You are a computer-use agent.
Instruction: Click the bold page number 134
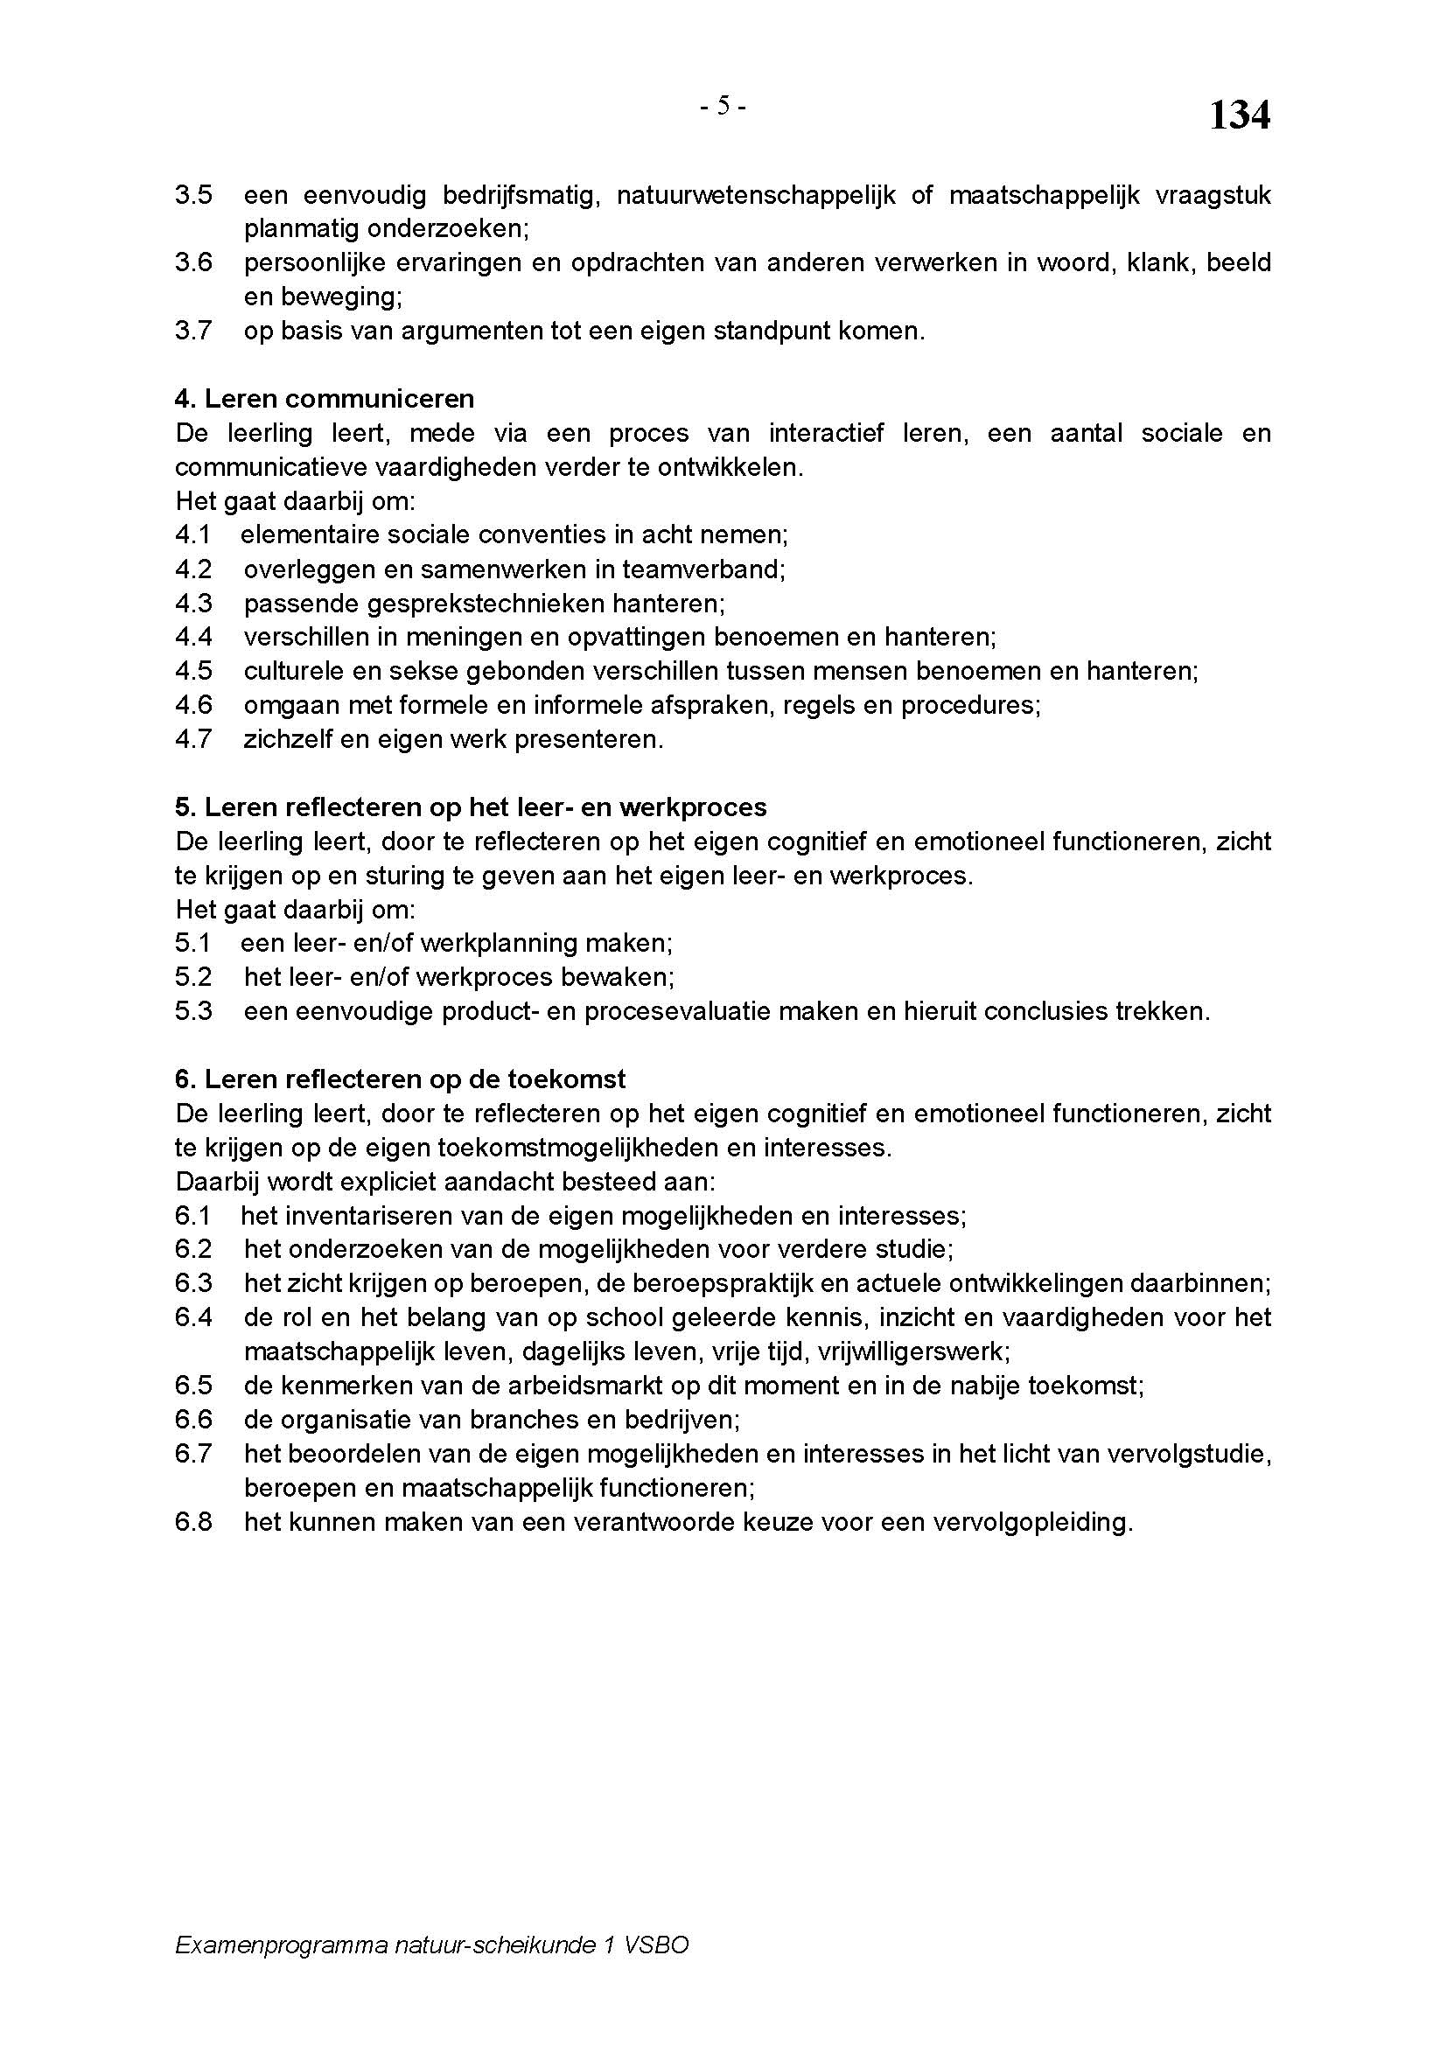click(1239, 115)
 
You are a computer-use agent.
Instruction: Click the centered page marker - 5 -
click(723, 106)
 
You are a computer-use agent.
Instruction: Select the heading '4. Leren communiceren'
click(325, 398)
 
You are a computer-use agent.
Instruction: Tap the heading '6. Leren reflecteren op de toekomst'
click(400, 1079)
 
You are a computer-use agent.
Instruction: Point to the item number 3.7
click(193, 332)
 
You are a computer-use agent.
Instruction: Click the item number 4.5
click(193, 671)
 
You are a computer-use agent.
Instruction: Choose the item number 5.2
click(193, 978)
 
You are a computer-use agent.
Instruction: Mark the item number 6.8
click(193, 1522)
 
